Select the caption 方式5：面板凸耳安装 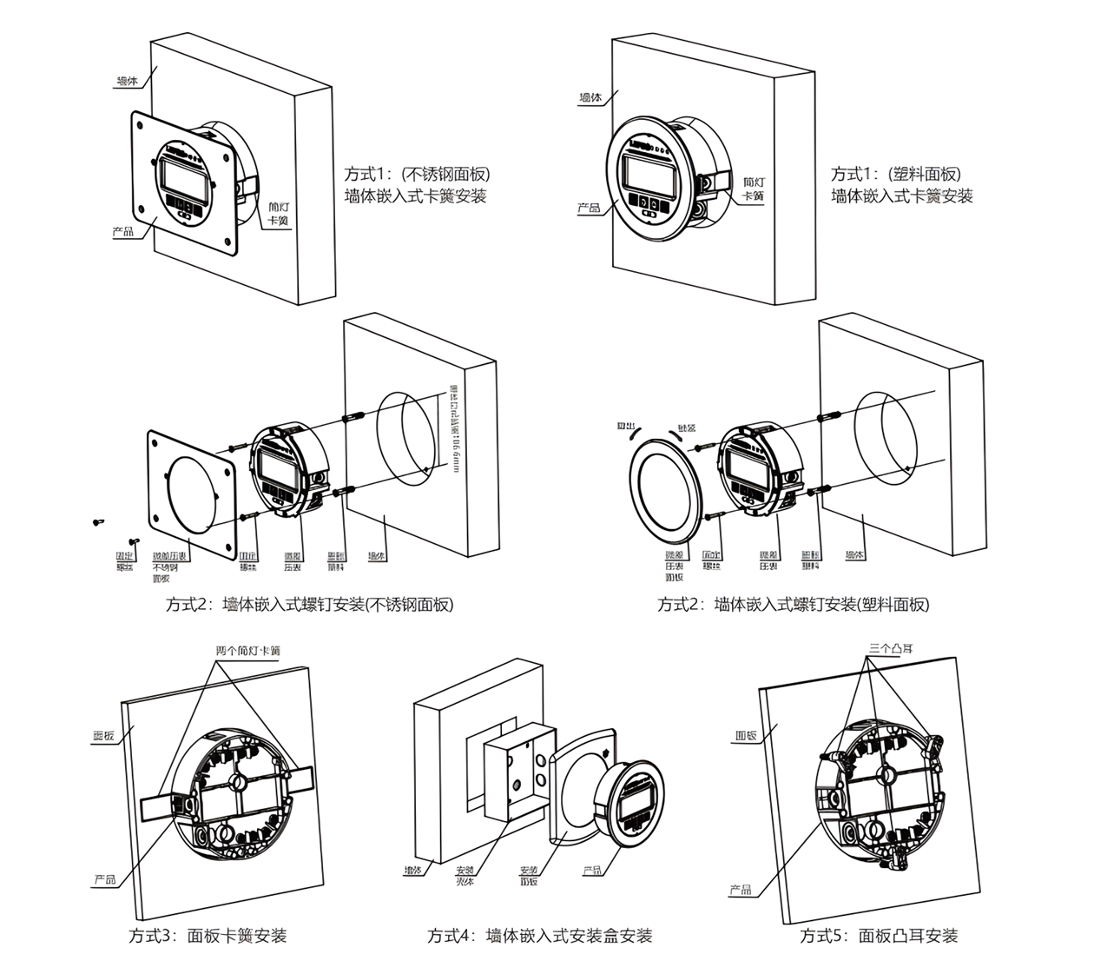(x=879, y=936)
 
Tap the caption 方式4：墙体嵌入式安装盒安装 (x=539, y=936)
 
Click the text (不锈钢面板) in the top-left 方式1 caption (x=438, y=175)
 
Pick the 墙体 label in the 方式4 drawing (x=412, y=870)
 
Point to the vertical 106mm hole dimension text (x=452, y=429)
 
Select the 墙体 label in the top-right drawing (x=591, y=98)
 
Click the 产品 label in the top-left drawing (x=123, y=232)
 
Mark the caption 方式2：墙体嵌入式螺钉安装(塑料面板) (x=793, y=605)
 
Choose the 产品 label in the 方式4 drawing (x=593, y=870)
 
